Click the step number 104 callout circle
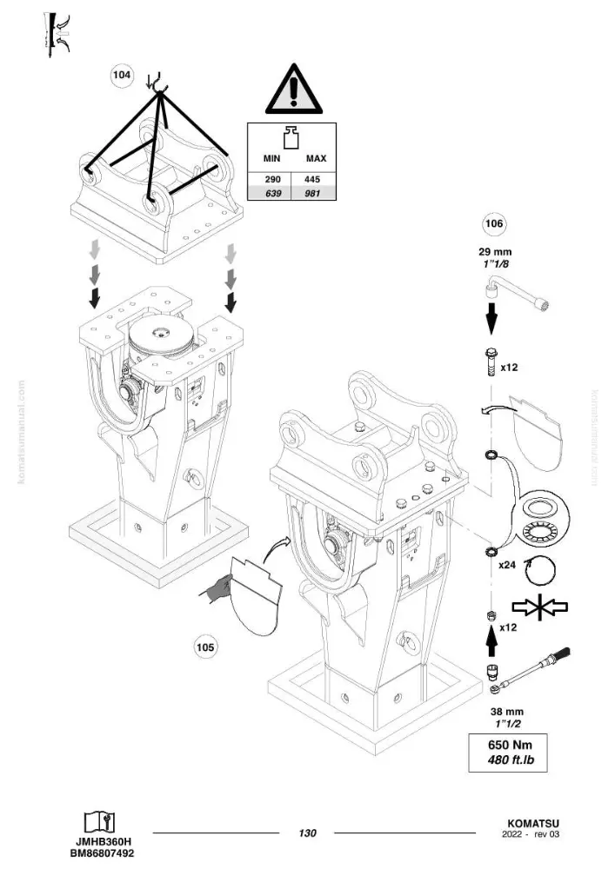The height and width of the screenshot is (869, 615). (x=122, y=75)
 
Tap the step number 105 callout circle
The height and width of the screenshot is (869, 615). (x=205, y=647)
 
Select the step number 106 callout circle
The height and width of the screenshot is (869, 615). (x=494, y=224)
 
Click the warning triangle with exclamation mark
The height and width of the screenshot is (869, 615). (x=294, y=89)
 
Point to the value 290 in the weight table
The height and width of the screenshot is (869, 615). (x=273, y=180)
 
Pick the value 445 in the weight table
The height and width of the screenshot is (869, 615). (x=312, y=180)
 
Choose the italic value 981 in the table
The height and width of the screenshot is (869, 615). (x=312, y=194)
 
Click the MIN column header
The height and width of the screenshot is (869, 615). (x=271, y=158)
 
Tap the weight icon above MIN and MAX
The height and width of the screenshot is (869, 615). (x=291, y=137)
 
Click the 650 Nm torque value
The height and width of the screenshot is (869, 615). (x=510, y=745)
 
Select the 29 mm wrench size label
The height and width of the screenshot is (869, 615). (x=495, y=252)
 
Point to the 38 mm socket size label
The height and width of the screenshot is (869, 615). (x=507, y=712)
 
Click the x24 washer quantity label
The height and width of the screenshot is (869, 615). (x=507, y=566)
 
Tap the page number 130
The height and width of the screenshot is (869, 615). (x=307, y=833)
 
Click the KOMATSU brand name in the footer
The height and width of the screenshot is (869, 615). (x=533, y=824)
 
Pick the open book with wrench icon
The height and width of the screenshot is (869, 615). (x=100, y=822)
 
